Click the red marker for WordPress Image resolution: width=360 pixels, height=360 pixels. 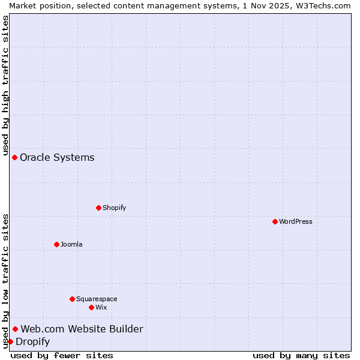[275, 221]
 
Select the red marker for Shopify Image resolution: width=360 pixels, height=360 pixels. [98, 208]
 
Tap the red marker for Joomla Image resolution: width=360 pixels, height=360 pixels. [56, 244]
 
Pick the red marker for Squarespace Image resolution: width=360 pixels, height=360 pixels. [72, 299]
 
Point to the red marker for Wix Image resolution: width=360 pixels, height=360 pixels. [91, 307]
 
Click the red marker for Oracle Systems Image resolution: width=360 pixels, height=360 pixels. [14, 157]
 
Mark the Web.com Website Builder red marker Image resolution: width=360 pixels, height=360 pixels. [15, 329]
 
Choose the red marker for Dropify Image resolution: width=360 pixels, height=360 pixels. [10, 341]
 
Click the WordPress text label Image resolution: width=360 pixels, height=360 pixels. [296, 221]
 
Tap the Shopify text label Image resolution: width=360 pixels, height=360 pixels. [114, 208]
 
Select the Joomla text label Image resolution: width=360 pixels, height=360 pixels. [71, 244]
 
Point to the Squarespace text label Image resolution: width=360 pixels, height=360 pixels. [97, 299]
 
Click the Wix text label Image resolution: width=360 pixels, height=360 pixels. [101, 307]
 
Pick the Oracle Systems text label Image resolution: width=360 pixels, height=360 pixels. [57, 157]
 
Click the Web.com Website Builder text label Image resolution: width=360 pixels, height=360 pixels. [82, 329]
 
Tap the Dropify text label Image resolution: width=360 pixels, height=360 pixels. [32, 341]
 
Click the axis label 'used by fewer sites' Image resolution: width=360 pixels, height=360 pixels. [62, 355]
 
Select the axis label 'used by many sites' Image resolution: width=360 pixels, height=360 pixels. [301, 355]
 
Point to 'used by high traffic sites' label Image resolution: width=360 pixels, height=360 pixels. [5, 85]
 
